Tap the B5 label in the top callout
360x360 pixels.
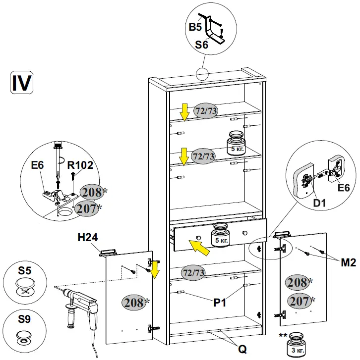point(195,26)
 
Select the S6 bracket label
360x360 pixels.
point(201,45)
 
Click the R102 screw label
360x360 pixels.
point(80,165)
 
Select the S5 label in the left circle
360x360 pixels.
point(24,271)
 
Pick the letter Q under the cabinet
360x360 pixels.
point(242,349)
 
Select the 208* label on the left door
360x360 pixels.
point(134,301)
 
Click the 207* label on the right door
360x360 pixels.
point(300,300)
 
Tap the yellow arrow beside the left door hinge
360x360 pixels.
point(155,269)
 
